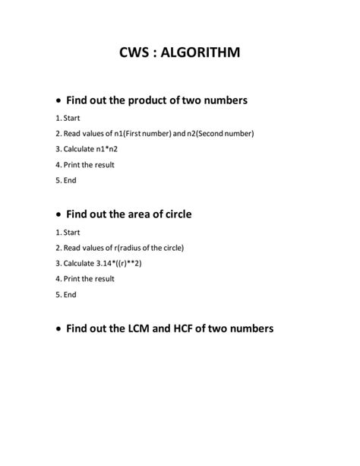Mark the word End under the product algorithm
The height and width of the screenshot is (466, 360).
[x=70, y=180]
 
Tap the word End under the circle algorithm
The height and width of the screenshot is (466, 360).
[x=70, y=294]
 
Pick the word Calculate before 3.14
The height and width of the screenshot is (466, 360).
[x=81, y=263]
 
